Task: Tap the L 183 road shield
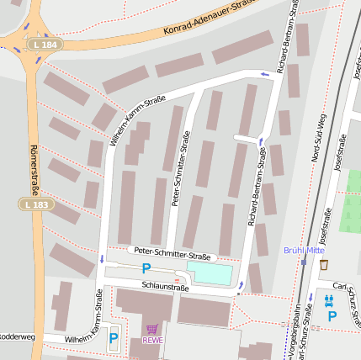click(x=35, y=204)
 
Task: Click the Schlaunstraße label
click(x=165, y=287)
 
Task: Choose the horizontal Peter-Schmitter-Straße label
click(x=173, y=254)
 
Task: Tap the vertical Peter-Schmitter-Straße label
click(x=180, y=168)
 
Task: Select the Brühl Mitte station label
click(x=304, y=250)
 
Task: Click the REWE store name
click(x=152, y=341)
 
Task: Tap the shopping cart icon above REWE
click(x=152, y=330)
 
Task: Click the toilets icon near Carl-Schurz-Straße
click(x=329, y=299)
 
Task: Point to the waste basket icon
click(x=324, y=265)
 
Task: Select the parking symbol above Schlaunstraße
click(x=146, y=269)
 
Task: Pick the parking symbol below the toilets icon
click(x=332, y=316)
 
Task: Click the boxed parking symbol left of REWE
click(x=114, y=340)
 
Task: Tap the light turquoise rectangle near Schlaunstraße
click(x=209, y=273)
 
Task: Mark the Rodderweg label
click(x=17, y=336)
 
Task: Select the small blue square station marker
click(x=303, y=262)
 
